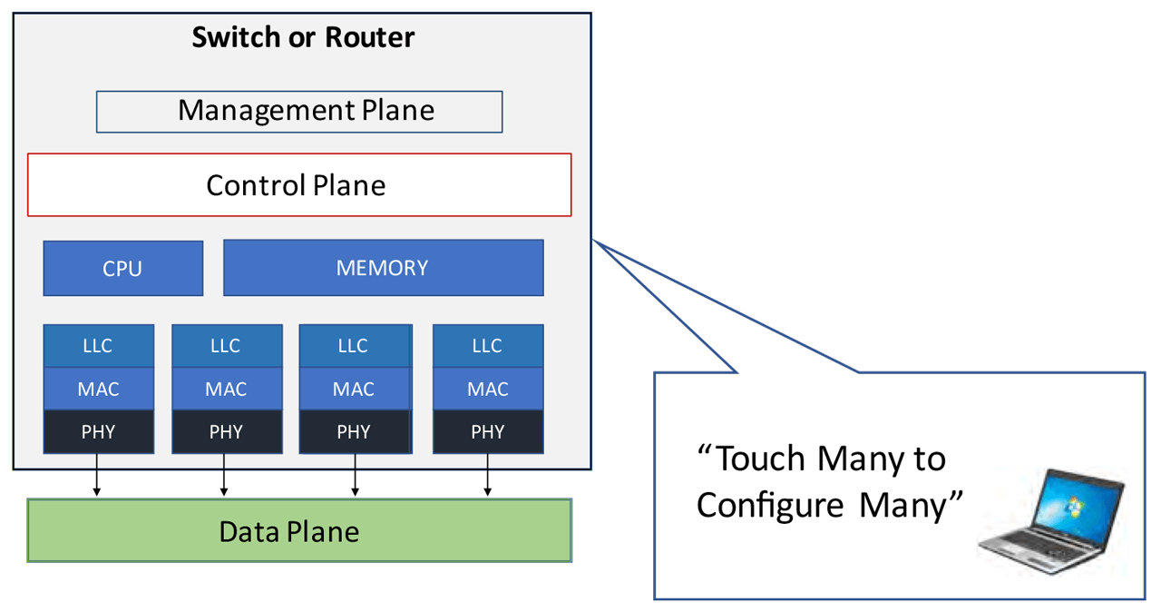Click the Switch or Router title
303,37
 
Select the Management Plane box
299,111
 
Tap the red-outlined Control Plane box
299,185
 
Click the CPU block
122,269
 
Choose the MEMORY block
383,268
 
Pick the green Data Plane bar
299,530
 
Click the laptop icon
1052,521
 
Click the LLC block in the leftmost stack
98,346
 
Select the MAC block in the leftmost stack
98,389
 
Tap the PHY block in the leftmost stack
98,431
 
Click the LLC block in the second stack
226,346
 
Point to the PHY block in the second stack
226,431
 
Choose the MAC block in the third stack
354,389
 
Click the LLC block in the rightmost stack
488,346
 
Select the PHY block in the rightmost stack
488,431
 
